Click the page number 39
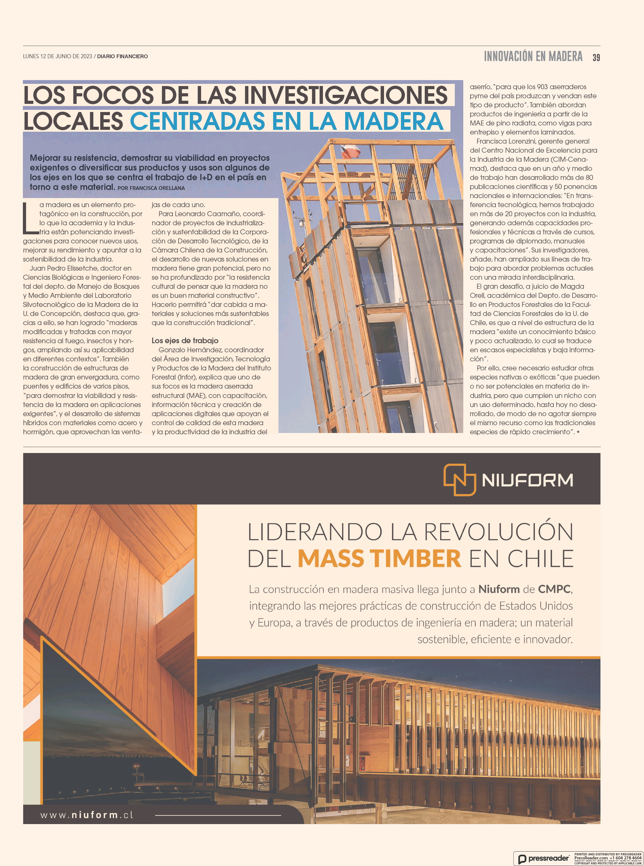coord(596,58)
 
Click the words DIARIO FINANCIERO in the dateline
coord(122,56)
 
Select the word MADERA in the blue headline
coord(393,121)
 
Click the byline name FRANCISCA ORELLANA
coord(157,188)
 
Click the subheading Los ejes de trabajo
coord(185,341)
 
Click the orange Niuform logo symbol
coord(460,480)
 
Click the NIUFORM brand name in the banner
coord(527,481)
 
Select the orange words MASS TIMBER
coord(379,559)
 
